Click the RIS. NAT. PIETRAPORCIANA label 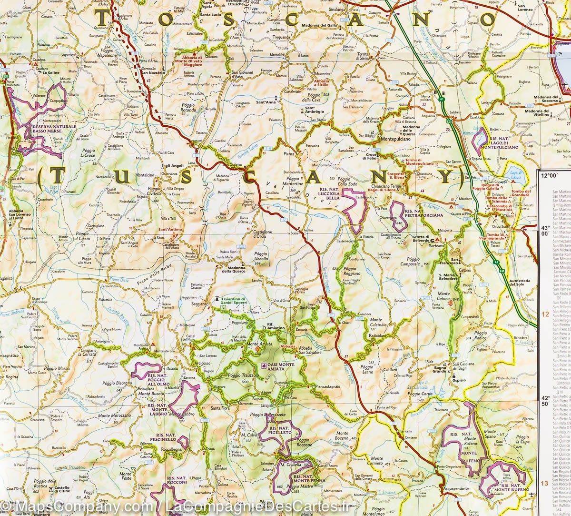pyautogui.click(x=423, y=213)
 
